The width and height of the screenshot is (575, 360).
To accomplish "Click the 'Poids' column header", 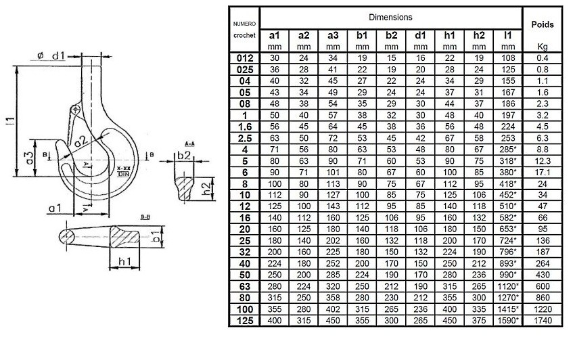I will (542, 24).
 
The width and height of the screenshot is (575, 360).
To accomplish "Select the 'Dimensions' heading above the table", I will (391, 16).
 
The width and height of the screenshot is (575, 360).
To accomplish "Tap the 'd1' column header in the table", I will (420, 35).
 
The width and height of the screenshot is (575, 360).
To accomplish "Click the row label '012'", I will (245, 58).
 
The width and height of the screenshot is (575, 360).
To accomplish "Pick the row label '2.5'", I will (245, 137).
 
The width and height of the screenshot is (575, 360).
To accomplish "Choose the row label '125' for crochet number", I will (245, 320).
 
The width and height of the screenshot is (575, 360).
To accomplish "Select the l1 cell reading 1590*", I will (509, 320).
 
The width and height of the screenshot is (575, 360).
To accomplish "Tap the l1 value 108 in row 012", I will (509, 58).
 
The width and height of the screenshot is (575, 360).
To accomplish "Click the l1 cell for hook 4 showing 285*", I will (509, 148).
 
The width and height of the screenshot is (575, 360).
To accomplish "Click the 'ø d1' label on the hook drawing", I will (51, 55).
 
